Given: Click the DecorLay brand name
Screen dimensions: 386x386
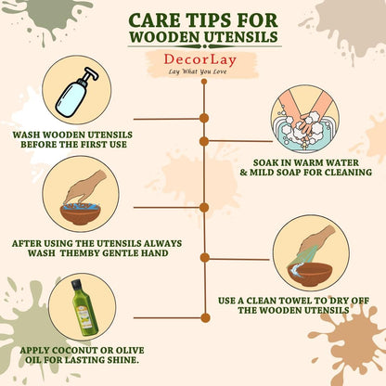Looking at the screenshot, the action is [x=199, y=59].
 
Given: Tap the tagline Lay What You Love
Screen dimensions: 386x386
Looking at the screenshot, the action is [x=198, y=71].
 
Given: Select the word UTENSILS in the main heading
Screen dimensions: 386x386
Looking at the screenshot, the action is [x=241, y=37].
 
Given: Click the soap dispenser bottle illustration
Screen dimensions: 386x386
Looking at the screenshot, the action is [x=76, y=92].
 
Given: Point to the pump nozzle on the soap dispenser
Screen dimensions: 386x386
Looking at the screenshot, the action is [x=90, y=73].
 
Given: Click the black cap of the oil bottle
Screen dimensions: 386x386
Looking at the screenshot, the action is [x=76, y=284].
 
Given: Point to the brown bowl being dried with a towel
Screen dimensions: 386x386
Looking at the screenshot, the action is [x=310, y=275].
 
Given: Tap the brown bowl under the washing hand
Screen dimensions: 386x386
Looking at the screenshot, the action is [x=81, y=214].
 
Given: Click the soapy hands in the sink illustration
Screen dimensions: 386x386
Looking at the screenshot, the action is [x=305, y=122].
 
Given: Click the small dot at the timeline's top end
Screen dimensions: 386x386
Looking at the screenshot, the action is [x=204, y=82].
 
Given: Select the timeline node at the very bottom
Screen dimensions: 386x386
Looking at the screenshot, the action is [x=205, y=317].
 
